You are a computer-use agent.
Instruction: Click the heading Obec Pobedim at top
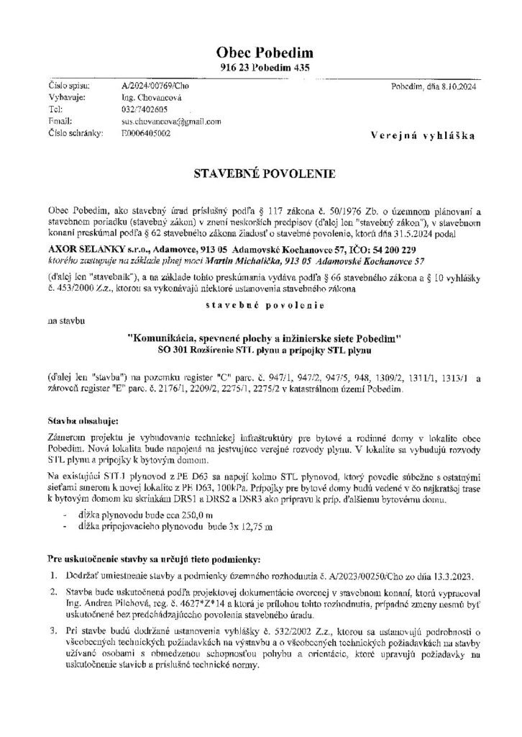(260, 53)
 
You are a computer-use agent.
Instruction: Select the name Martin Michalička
(234, 259)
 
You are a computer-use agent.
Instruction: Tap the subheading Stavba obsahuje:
(76, 418)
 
